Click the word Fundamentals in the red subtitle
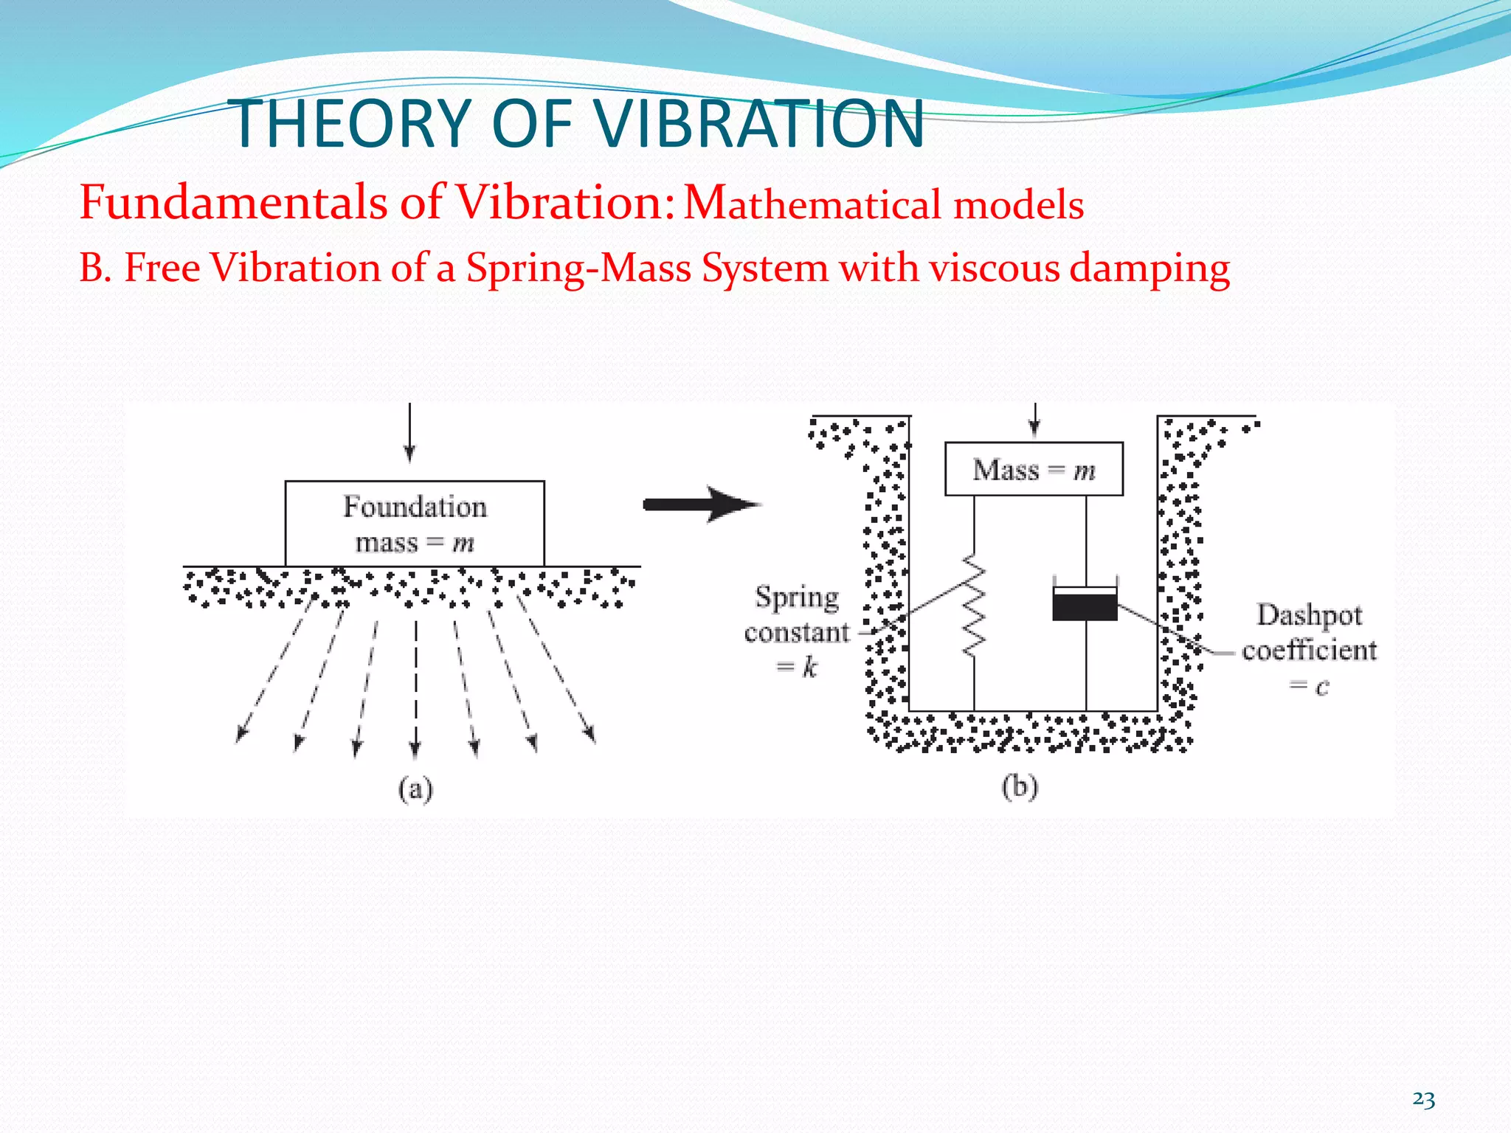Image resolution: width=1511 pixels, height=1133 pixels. (232, 202)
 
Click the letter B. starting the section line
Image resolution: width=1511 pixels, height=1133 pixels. (95, 267)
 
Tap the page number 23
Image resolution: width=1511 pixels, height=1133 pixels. (1423, 1100)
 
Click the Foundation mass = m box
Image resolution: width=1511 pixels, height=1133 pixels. (415, 524)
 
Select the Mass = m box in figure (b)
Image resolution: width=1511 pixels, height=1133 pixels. (1034, 469)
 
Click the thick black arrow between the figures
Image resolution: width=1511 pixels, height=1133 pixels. (701, 505)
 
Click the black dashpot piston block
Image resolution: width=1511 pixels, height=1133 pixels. (1085, 606)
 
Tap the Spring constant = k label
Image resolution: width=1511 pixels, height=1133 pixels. (797, 631)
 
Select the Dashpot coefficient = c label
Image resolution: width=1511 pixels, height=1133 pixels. (1309, 649)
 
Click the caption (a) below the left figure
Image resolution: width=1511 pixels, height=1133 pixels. (415, 789)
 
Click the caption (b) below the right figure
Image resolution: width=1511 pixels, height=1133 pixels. (1020, 786)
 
